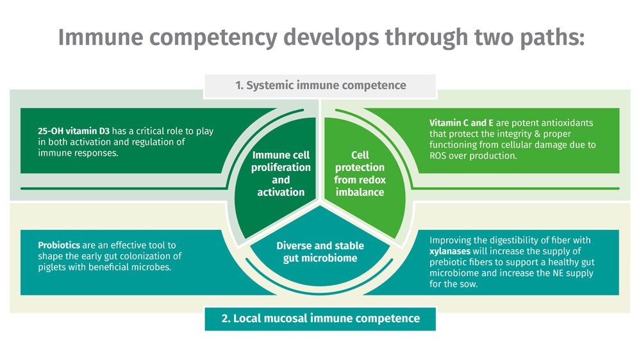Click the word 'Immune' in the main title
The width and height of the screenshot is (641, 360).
pos(101,37)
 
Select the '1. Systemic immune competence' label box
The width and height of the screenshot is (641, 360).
pos(320,86)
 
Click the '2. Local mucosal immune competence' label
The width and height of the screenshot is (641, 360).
pos(320,319)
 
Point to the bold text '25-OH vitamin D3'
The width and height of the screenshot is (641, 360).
pos(74,131)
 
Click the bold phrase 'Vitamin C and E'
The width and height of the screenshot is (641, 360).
pos(461,123)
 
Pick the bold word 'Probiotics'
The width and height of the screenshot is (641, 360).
pos(59,245)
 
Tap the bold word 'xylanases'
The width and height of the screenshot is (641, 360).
pos(450,251)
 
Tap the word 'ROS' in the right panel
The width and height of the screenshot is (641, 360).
pos(438,156)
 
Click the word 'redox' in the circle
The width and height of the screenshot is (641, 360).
pos(372,180)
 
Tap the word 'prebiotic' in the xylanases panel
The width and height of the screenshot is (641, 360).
pos(449,263)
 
